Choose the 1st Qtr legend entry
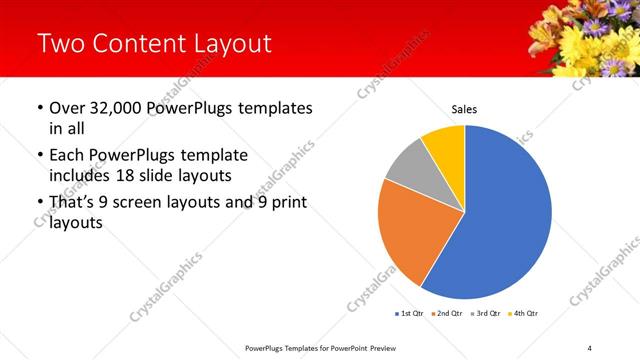click(x=411, y=314)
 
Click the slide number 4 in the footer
click(x=589, y=348)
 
